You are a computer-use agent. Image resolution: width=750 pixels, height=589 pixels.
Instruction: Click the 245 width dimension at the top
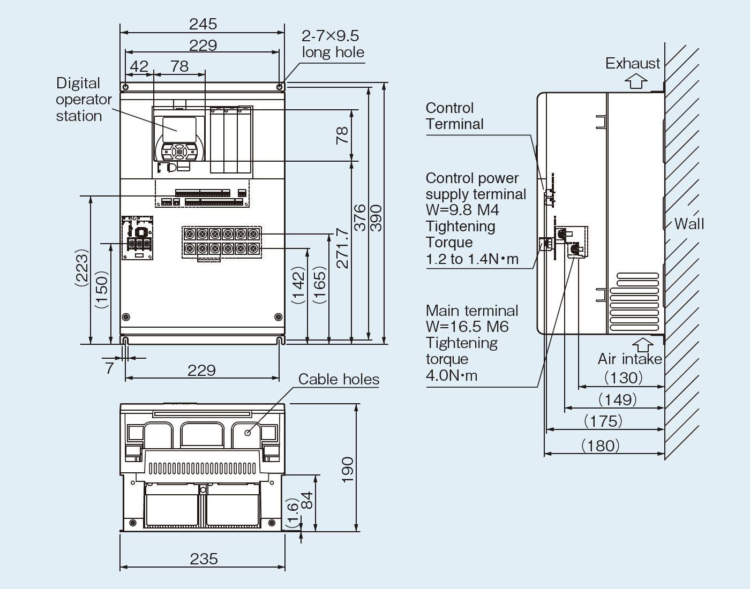point(203,24)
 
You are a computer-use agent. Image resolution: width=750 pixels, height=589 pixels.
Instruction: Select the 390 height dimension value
point(376,217)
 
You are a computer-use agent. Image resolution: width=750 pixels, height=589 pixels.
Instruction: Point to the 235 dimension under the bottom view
point(204,558)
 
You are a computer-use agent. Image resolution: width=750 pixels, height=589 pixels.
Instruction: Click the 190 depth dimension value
point(348,470)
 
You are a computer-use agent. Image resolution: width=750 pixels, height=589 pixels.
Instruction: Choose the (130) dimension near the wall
point(623,377)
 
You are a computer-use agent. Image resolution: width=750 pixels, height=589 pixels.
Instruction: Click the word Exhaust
point(633,63)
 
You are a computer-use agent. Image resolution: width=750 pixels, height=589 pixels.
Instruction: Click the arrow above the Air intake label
point(643,344)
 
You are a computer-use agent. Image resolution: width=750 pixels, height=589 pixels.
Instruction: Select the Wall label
point(689,223)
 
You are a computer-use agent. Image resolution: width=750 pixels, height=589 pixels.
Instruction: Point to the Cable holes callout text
point(339,379)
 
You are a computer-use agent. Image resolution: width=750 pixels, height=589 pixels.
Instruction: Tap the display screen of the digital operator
point(178,129)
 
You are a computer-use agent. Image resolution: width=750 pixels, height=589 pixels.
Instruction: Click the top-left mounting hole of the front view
point(125,87)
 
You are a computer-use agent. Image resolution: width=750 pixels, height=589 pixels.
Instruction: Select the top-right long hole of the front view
point(280,87)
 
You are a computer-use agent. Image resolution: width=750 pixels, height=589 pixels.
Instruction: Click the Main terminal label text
point(471,311)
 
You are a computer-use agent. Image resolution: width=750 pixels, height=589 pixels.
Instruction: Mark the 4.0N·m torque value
point(451,375)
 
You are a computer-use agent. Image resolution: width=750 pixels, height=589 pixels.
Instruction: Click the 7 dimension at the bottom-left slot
point(109,368)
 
